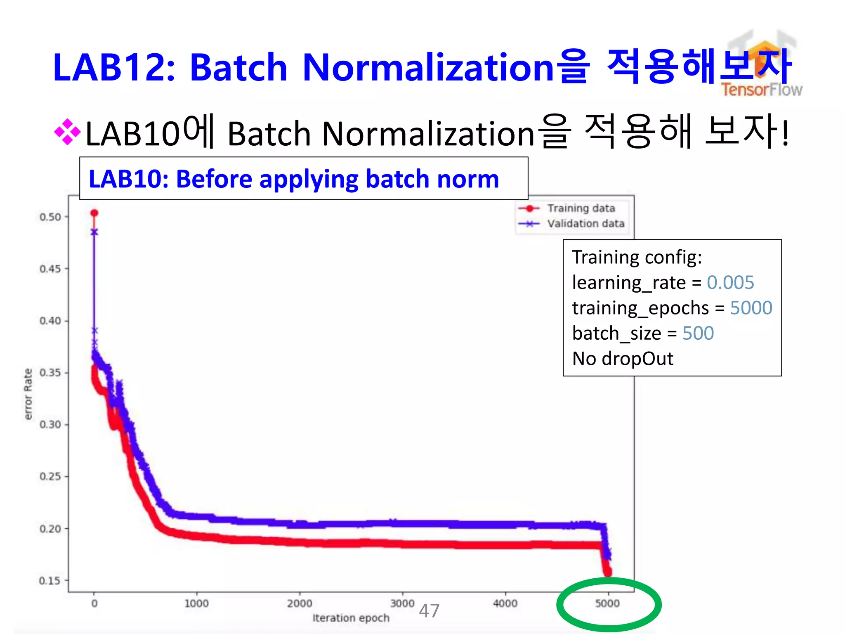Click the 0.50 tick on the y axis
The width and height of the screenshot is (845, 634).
click(50, 217)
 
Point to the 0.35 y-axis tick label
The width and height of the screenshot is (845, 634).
click(50, 373)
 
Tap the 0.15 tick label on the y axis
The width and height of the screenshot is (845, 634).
click(50, 581)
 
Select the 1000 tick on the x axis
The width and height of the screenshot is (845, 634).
click(196, 603)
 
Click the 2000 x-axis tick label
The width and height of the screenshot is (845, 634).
click(300, 603)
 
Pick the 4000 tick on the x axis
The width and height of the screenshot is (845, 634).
click(505, 603)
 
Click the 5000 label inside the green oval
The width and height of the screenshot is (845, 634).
click(607, 603)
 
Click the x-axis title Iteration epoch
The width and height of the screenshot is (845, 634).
click(351, 618)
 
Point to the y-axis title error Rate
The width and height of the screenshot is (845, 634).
click(28, 394)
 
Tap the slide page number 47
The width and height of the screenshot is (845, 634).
click(429, 611)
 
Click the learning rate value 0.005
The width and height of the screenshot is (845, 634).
click(730, 283)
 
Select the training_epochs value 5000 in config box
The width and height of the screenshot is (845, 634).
click(751, 308)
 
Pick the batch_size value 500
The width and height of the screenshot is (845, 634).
click(698, 333)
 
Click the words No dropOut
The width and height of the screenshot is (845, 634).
click(623, 359)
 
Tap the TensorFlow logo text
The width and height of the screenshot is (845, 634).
click(762, 90)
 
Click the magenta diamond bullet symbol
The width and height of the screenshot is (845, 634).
click(67, 132)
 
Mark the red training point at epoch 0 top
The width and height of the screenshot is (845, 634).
click(94, 213)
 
